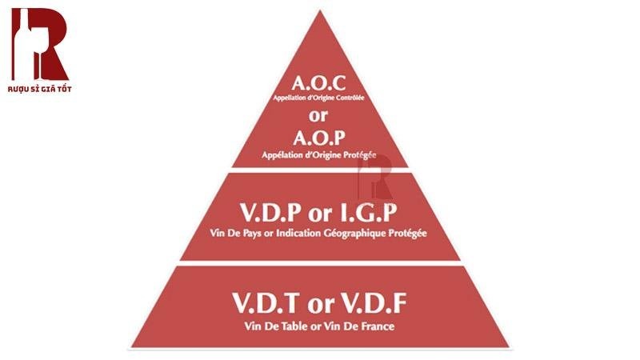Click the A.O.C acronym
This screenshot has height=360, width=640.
click(318, 82)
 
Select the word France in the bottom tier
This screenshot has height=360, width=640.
click(376, 326)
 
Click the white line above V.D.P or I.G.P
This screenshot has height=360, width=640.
click(318, 170)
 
